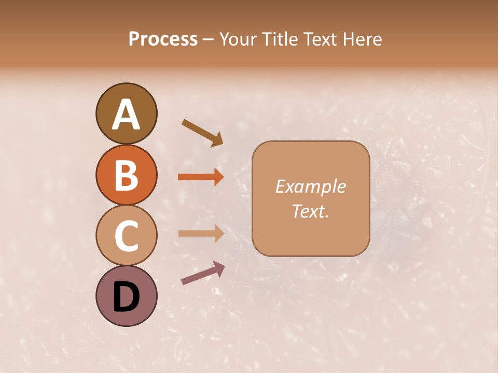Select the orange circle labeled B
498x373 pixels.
pos(126,175)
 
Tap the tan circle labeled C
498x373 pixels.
pos(126,236)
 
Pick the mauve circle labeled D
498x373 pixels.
pos(126,296)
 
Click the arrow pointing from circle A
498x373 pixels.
pos(202,133)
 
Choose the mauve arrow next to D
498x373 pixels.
pos(203,273)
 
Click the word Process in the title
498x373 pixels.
pos(163,39)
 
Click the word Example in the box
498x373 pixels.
pos(310,187)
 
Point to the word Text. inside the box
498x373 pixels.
pos(310,211)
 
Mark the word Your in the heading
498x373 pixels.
pos(236,39)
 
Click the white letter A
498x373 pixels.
pos(126,114)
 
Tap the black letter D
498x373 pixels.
pos(126,298)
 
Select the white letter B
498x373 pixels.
pos(126,175)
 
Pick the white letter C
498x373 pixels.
pos(126,236)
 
